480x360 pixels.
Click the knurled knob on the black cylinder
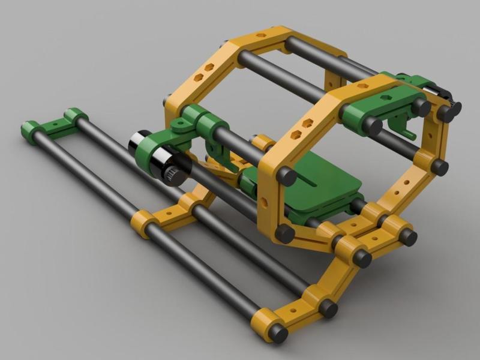tap(175, 175)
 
